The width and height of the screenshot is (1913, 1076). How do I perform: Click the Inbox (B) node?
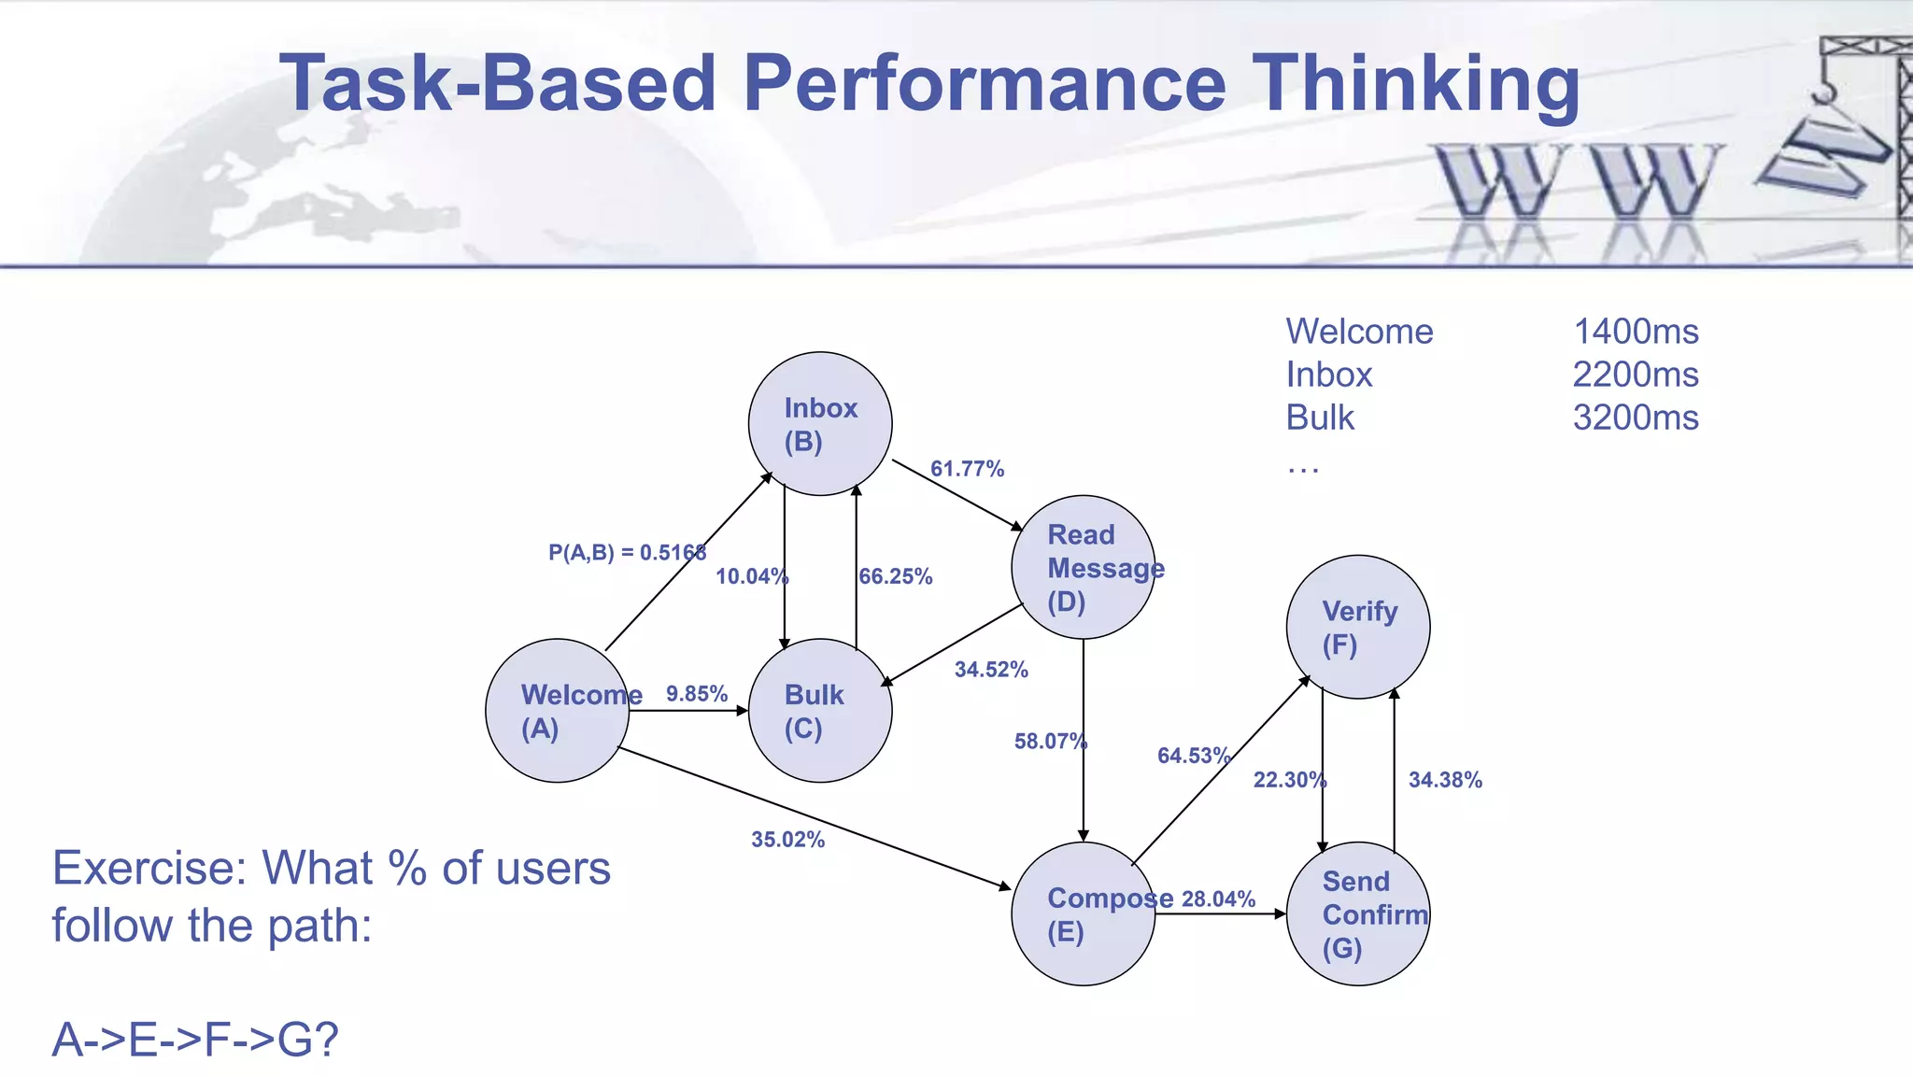820,424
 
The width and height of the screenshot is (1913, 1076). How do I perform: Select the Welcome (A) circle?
558,711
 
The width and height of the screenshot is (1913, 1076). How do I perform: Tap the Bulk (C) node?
820,711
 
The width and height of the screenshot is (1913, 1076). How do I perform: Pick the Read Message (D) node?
1084,567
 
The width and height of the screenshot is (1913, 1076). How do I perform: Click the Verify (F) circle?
1358,627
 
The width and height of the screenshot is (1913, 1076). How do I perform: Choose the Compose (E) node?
1084,913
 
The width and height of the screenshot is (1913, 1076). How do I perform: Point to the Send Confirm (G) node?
1358,913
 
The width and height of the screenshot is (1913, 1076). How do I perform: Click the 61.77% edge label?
967,469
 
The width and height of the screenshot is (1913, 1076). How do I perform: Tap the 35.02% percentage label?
787,840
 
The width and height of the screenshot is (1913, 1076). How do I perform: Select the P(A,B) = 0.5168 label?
627,553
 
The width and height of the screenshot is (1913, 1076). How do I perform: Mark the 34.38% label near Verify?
1445,780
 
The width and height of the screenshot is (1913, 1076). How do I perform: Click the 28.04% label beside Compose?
1218,899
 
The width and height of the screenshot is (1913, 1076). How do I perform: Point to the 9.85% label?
696,694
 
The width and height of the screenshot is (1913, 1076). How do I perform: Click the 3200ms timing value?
1635,418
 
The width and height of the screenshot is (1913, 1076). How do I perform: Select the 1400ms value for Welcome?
1636,332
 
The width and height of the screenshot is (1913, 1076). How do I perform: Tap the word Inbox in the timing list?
1328,375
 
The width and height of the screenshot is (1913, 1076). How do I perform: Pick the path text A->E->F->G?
194,1040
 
